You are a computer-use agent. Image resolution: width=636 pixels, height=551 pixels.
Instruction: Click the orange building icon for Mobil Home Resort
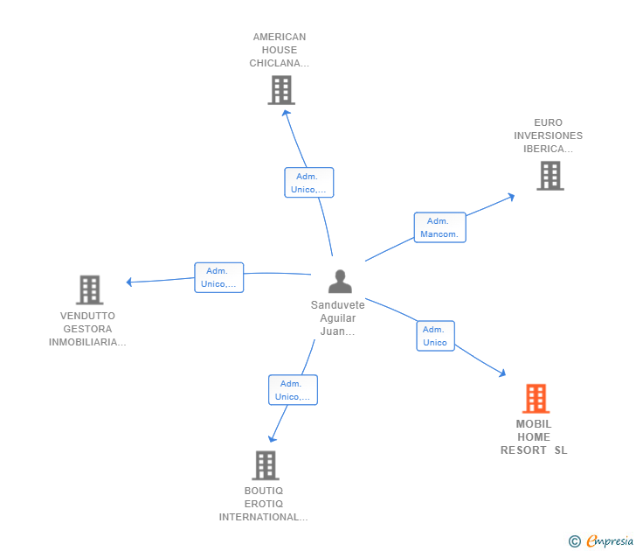[536, 399]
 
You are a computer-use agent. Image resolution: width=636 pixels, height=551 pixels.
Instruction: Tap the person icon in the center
[340, 282]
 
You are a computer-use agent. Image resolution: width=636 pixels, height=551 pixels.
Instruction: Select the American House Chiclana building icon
[280, 90]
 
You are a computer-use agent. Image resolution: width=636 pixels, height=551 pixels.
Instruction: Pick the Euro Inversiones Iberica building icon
[550, 176]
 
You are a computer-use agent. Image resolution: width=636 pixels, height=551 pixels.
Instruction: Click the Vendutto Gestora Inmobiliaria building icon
[89, 289]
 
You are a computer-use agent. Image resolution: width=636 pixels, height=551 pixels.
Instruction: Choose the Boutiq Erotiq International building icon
[265, 465]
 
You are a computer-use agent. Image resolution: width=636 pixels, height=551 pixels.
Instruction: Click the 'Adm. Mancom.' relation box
[439, 227]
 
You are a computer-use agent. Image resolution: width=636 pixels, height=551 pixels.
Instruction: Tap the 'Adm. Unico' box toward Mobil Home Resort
[435, 336]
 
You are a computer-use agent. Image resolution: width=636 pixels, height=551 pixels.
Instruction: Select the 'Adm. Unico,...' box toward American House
[308, 183]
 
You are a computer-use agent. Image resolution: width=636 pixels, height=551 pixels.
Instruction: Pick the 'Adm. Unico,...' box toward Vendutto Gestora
[218, 277]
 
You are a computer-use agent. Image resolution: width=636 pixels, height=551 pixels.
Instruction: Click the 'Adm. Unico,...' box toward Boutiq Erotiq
[293, 390]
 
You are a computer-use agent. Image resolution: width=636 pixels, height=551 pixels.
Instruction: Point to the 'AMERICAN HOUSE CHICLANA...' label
[280, 50]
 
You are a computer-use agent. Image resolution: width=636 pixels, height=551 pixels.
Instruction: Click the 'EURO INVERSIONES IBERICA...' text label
[549, 136]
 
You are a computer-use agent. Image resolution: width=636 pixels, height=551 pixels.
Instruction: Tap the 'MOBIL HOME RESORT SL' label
[534, 437]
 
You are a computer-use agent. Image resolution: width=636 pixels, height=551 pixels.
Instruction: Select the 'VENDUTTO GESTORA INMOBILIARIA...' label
[87, 329]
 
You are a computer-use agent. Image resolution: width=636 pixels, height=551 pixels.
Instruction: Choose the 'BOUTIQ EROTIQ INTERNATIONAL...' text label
[263, 504]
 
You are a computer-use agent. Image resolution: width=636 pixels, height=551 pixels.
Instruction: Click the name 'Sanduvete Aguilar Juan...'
[338, 318]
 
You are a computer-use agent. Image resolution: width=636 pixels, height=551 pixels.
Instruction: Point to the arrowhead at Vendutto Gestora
[129, 282]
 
